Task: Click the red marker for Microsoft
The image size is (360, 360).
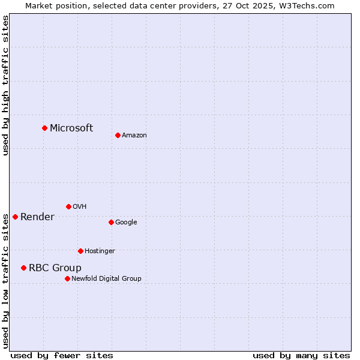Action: coord(44,128)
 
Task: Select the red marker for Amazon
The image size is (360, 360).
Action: coord(118,135)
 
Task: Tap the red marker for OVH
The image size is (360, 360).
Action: coord(68,206)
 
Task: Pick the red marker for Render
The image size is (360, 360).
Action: coord(15,217)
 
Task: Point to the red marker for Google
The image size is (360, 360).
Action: coord(111,222)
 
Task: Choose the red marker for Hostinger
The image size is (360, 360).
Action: coord(80,251)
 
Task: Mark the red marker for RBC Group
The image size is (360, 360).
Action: coord(23,268)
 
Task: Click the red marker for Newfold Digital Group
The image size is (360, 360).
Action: coord(67,278)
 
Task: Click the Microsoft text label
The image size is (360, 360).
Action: coord(71,128)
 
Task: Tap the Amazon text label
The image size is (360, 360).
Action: coord(134,136)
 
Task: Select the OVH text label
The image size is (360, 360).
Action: coord(80,207)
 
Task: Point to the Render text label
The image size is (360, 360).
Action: coord(37,217)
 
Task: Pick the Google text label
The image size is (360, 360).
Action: coord(126,223)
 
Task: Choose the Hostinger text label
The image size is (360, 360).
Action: coord(100,251)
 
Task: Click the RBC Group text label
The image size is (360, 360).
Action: coord(55,268)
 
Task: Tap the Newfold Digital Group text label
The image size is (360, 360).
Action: coord(106,279)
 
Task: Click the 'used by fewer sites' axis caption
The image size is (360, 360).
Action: coord(62,355)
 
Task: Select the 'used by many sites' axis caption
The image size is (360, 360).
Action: coord(301,355)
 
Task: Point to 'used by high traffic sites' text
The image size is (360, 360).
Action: coord(5,85)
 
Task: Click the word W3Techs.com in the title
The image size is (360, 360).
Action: coord(306,5)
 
